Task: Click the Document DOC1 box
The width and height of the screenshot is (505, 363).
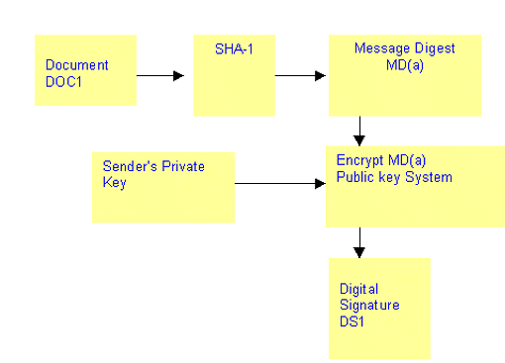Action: [x=85, y=70]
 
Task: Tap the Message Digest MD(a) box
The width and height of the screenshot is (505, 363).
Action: [x=404, y=75]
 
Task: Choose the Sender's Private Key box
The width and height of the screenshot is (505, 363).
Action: [x=163, y=187]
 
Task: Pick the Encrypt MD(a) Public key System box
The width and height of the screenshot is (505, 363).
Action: [x=414, y=186]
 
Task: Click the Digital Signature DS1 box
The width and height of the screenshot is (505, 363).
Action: [x=379, y=308]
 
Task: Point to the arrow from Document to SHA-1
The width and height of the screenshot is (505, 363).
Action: [x=159, y=74]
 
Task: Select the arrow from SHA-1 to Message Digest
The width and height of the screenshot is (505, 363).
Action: [x=299, y=74]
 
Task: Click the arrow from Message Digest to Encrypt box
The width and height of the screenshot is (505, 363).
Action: [x=359, y=130]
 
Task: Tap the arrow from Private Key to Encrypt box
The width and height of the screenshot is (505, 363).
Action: [x=280, y=183]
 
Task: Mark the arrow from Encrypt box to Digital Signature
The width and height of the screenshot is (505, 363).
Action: [x=359, y=241]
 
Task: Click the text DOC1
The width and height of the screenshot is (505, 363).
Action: [x=63, y=80]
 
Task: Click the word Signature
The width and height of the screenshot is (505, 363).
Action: [x=369, y=305]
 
